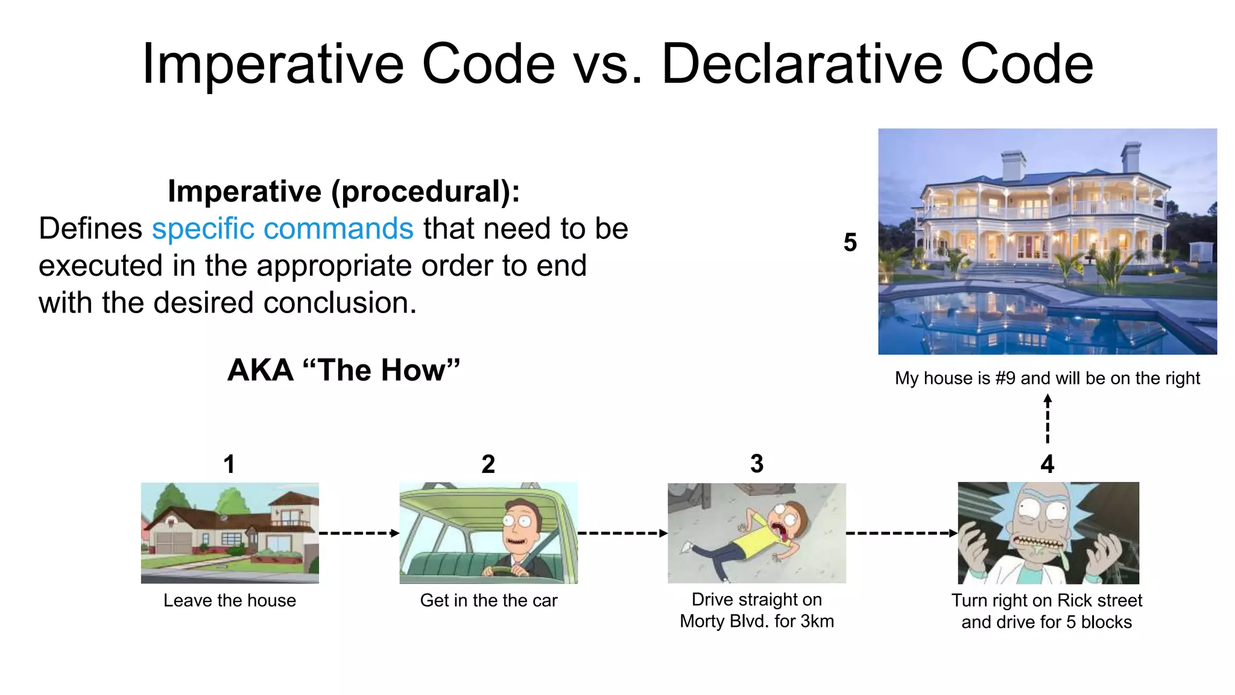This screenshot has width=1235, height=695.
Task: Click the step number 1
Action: (229, 464)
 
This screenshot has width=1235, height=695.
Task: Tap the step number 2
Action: (488, 464)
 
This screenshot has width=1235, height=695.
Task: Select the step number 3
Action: (756, 464)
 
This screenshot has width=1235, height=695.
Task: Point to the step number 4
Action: (1047, 464)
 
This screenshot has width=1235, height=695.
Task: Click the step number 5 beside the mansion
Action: (850, 243)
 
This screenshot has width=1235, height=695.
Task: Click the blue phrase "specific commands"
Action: (282, 229)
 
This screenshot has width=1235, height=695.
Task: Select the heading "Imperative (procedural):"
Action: (344, 191)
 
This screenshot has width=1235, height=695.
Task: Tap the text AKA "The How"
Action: (344, 370)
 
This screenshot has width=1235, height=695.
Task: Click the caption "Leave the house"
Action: (230, 600)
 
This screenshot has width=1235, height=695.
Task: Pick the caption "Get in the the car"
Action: (488, 600)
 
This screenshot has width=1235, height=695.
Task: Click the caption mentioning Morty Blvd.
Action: (757, 610)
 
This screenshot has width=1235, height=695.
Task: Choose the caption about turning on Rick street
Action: (1047, 611)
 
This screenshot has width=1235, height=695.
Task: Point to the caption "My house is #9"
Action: (1047, 378)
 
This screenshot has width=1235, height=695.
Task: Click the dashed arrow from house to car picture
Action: (359, 533)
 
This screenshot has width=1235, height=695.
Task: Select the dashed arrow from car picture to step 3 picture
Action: (622, 533)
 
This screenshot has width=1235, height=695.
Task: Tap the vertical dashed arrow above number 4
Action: (1047, 419)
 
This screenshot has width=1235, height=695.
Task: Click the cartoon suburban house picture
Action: (230, 533)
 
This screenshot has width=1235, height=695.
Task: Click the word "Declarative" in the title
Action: (802, 64)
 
